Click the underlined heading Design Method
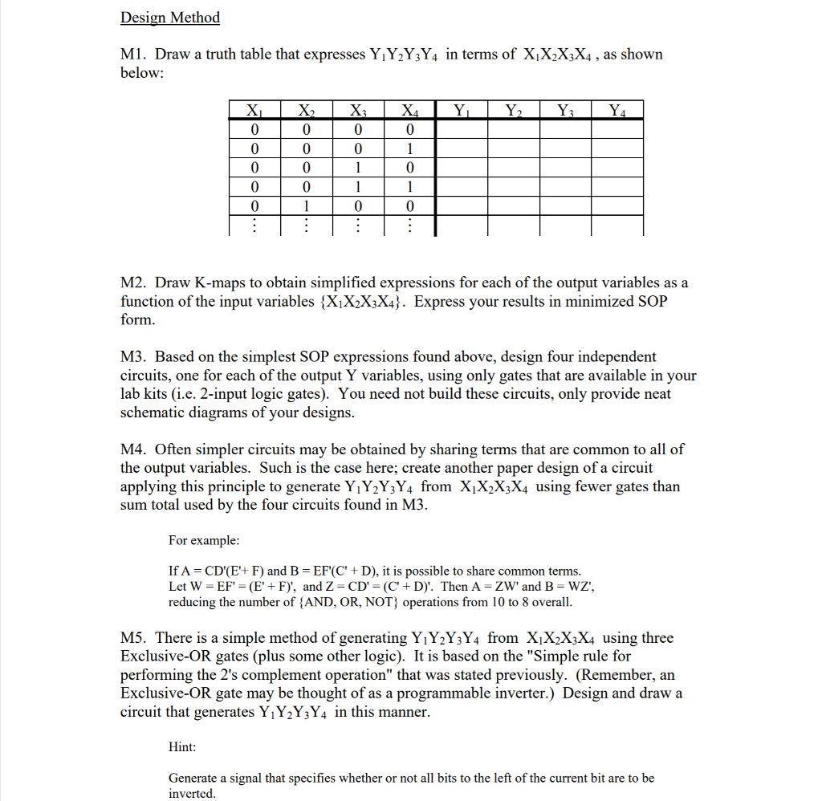(x=169, y=18)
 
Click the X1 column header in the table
(x=254, y=111)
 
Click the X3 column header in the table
(x=358, y=111)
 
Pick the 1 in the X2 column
(x=306, y=205)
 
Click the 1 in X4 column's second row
(x=409, y=148)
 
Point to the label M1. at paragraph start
(x=133, y=55)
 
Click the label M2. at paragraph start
(x=133, y=283)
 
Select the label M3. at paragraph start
(x=133, y=356)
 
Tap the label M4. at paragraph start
(x=133, y=449)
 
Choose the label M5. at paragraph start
(x=133, y=638)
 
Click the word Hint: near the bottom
(x=182, y=747)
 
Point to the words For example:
(x=204, y=541)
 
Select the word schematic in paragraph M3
(x=153, y=413)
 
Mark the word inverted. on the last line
(x=192, y=793)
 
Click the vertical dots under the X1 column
(x=254, y=226)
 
